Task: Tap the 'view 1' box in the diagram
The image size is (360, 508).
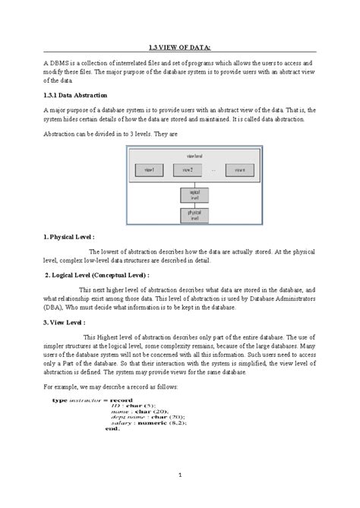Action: point(150,169)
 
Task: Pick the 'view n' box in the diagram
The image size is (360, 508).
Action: point(240,169)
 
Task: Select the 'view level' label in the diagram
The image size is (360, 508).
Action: point(194,156)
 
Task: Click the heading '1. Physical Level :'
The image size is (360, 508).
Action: point(70,237)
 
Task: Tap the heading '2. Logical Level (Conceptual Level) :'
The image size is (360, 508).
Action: point(98,276)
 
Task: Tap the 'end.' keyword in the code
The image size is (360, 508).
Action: point(92,430)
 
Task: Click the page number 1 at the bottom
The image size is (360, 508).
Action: point(180,475)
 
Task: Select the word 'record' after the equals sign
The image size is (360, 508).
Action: point(122,399)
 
